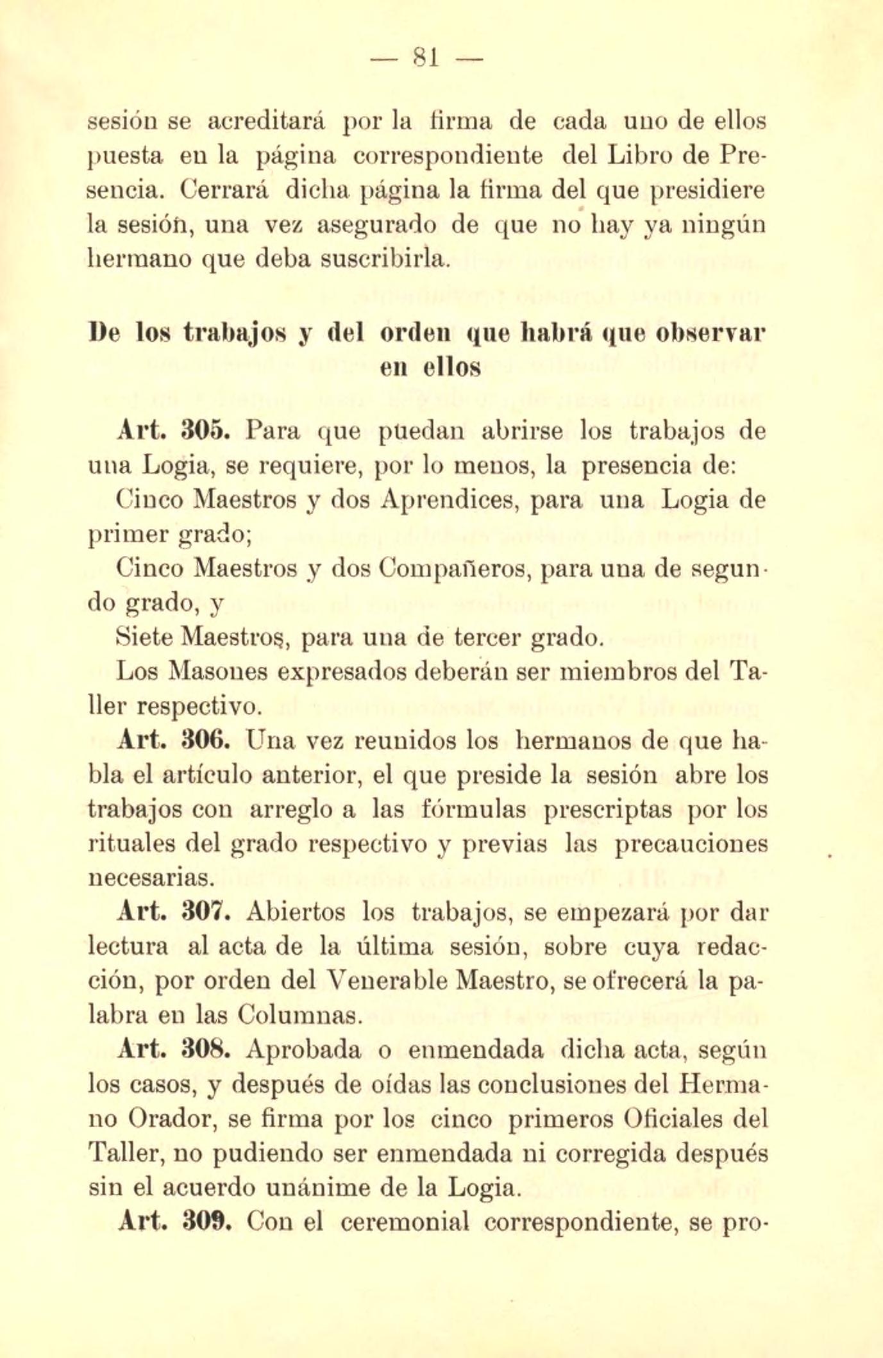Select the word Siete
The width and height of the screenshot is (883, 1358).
click(x=146, y=637)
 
